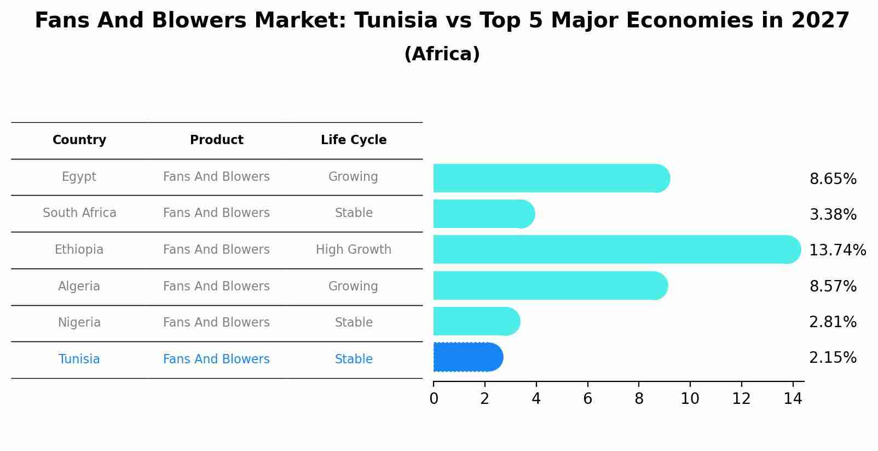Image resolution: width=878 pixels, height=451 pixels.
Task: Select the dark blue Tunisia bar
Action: pyautogui.click(x=467, y=357)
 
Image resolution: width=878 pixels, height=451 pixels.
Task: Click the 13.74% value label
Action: pyautogui.click(x=837, y=250)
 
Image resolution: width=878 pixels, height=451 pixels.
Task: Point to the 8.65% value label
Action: pyautogui.click(x=833, y=179)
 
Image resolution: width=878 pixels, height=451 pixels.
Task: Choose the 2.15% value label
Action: pyautogui.click(x=833, y=358)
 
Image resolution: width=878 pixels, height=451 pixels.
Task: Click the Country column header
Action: pyautogui.click(x=79, y=140)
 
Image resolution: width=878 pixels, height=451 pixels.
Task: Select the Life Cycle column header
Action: pyautogui.click(x=354, y=140)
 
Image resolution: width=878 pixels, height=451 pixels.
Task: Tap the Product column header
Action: pyautogui.click(x=216, y=140)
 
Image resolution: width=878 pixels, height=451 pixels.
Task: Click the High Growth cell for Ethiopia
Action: pyautogui.click(x=354, y=250)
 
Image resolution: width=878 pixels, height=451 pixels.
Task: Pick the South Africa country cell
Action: pyautogui.click(x=79, y=213)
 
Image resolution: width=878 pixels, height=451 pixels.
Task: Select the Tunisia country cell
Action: pyautogui.click(x=79, y=359)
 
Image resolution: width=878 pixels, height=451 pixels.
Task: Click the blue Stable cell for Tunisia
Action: pyautogui.click(x=354, y=359)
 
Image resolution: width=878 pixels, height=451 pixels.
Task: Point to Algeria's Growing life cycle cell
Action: pyautogui.click(x=353, y=287)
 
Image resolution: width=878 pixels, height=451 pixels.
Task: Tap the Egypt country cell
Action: pyautogui.click(x=79, y=177)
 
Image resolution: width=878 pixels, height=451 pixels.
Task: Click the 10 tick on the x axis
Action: pyautogui.click(x=690, y=399)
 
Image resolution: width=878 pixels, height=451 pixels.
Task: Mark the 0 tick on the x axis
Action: pyautogui.click(x=434, y=399)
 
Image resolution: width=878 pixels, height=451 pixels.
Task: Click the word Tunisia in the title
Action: pyautogui.click(x=396, y=21)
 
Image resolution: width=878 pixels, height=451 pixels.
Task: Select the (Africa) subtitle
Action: pyautogui.click(x=442, y=54)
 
